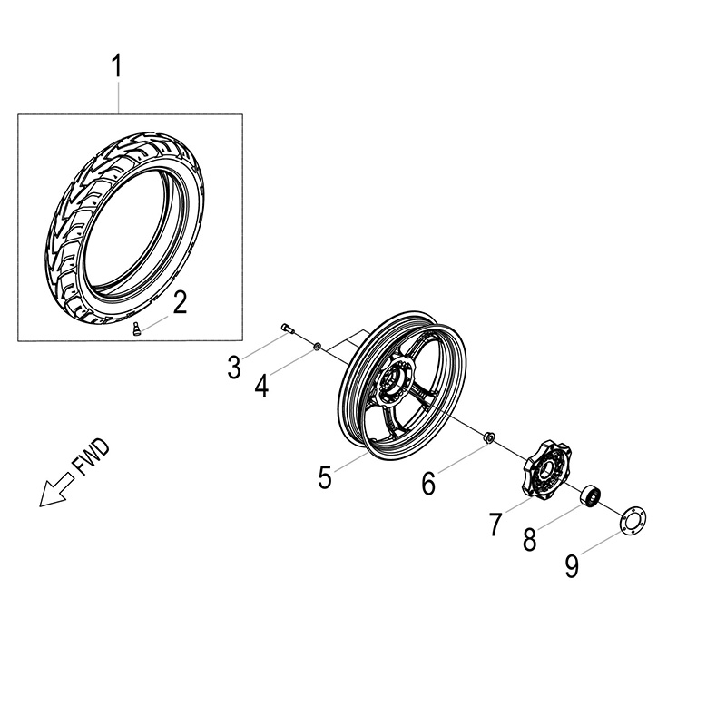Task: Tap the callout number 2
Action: tap(180, 302)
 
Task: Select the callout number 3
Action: tap(235, 368)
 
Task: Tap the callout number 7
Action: tap(495, 525)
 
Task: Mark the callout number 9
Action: tap(572, 566)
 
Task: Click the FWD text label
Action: tap(90, 459)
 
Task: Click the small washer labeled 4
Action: tap(317, 346)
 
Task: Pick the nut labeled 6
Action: tap(486, 438)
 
